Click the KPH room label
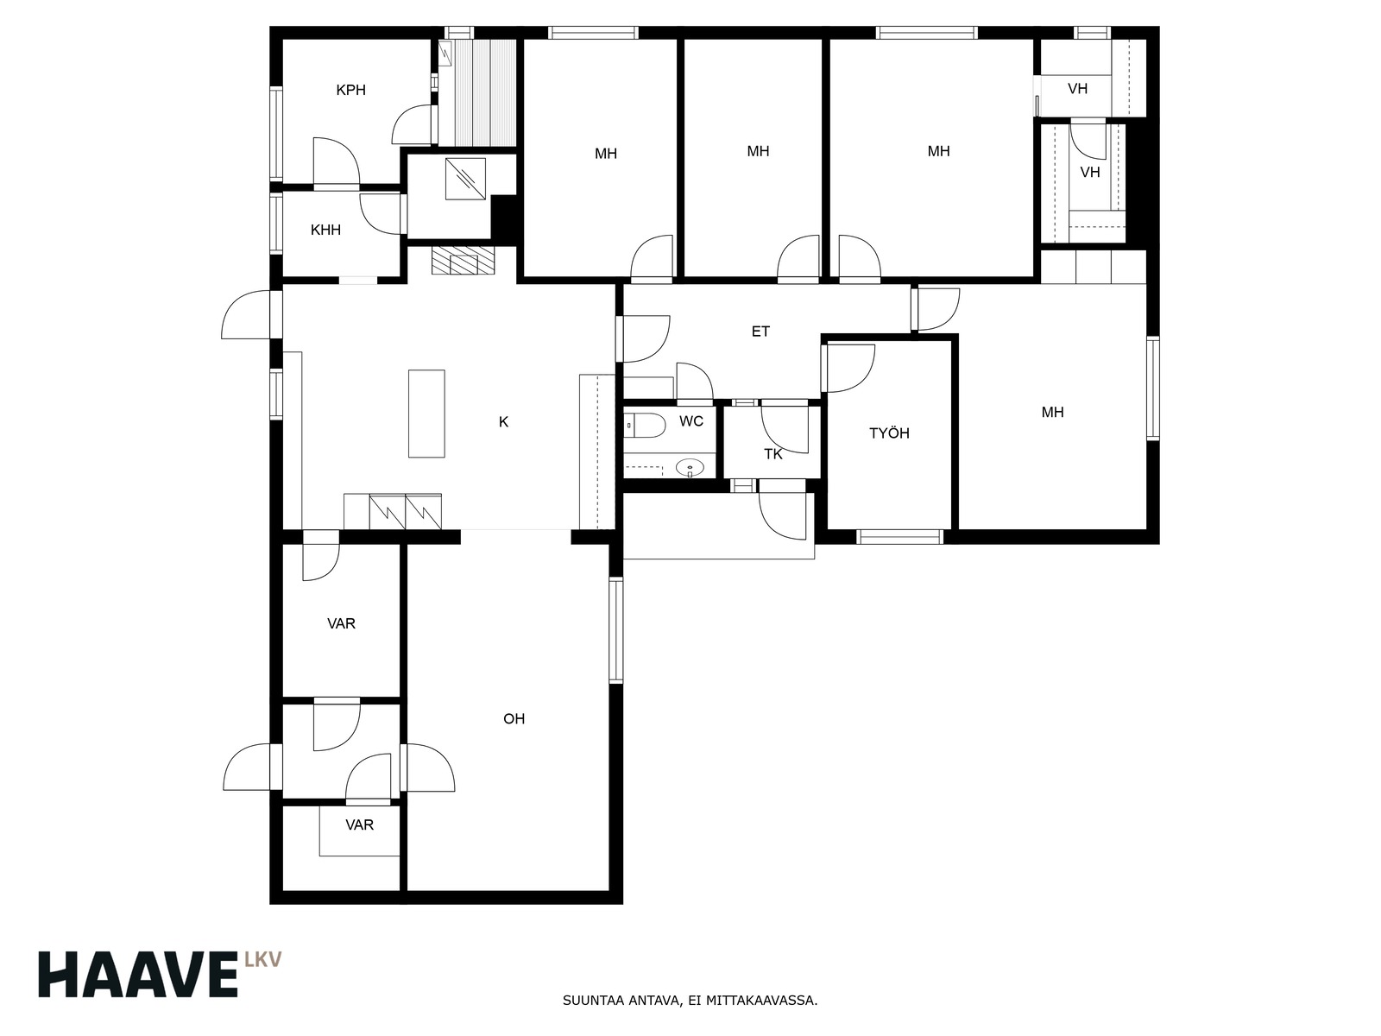(350, 90)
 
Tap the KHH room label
(326, 231)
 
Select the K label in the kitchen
(503, 422)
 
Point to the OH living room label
(514, 719)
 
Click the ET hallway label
(760, 332)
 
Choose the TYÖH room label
(889, 433)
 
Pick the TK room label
(773, 454)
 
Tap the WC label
(690, 421)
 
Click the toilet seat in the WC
(645, 426)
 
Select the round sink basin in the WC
(690, 468)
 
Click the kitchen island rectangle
(426, 414)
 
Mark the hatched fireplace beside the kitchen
(463, 261)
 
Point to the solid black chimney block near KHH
(503, 218)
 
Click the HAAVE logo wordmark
(138, 975)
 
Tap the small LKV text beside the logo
(263, 960)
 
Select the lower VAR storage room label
(359, 824)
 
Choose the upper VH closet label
(1078, 89)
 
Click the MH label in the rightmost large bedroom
(1052, 412)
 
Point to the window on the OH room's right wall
(616, 630)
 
